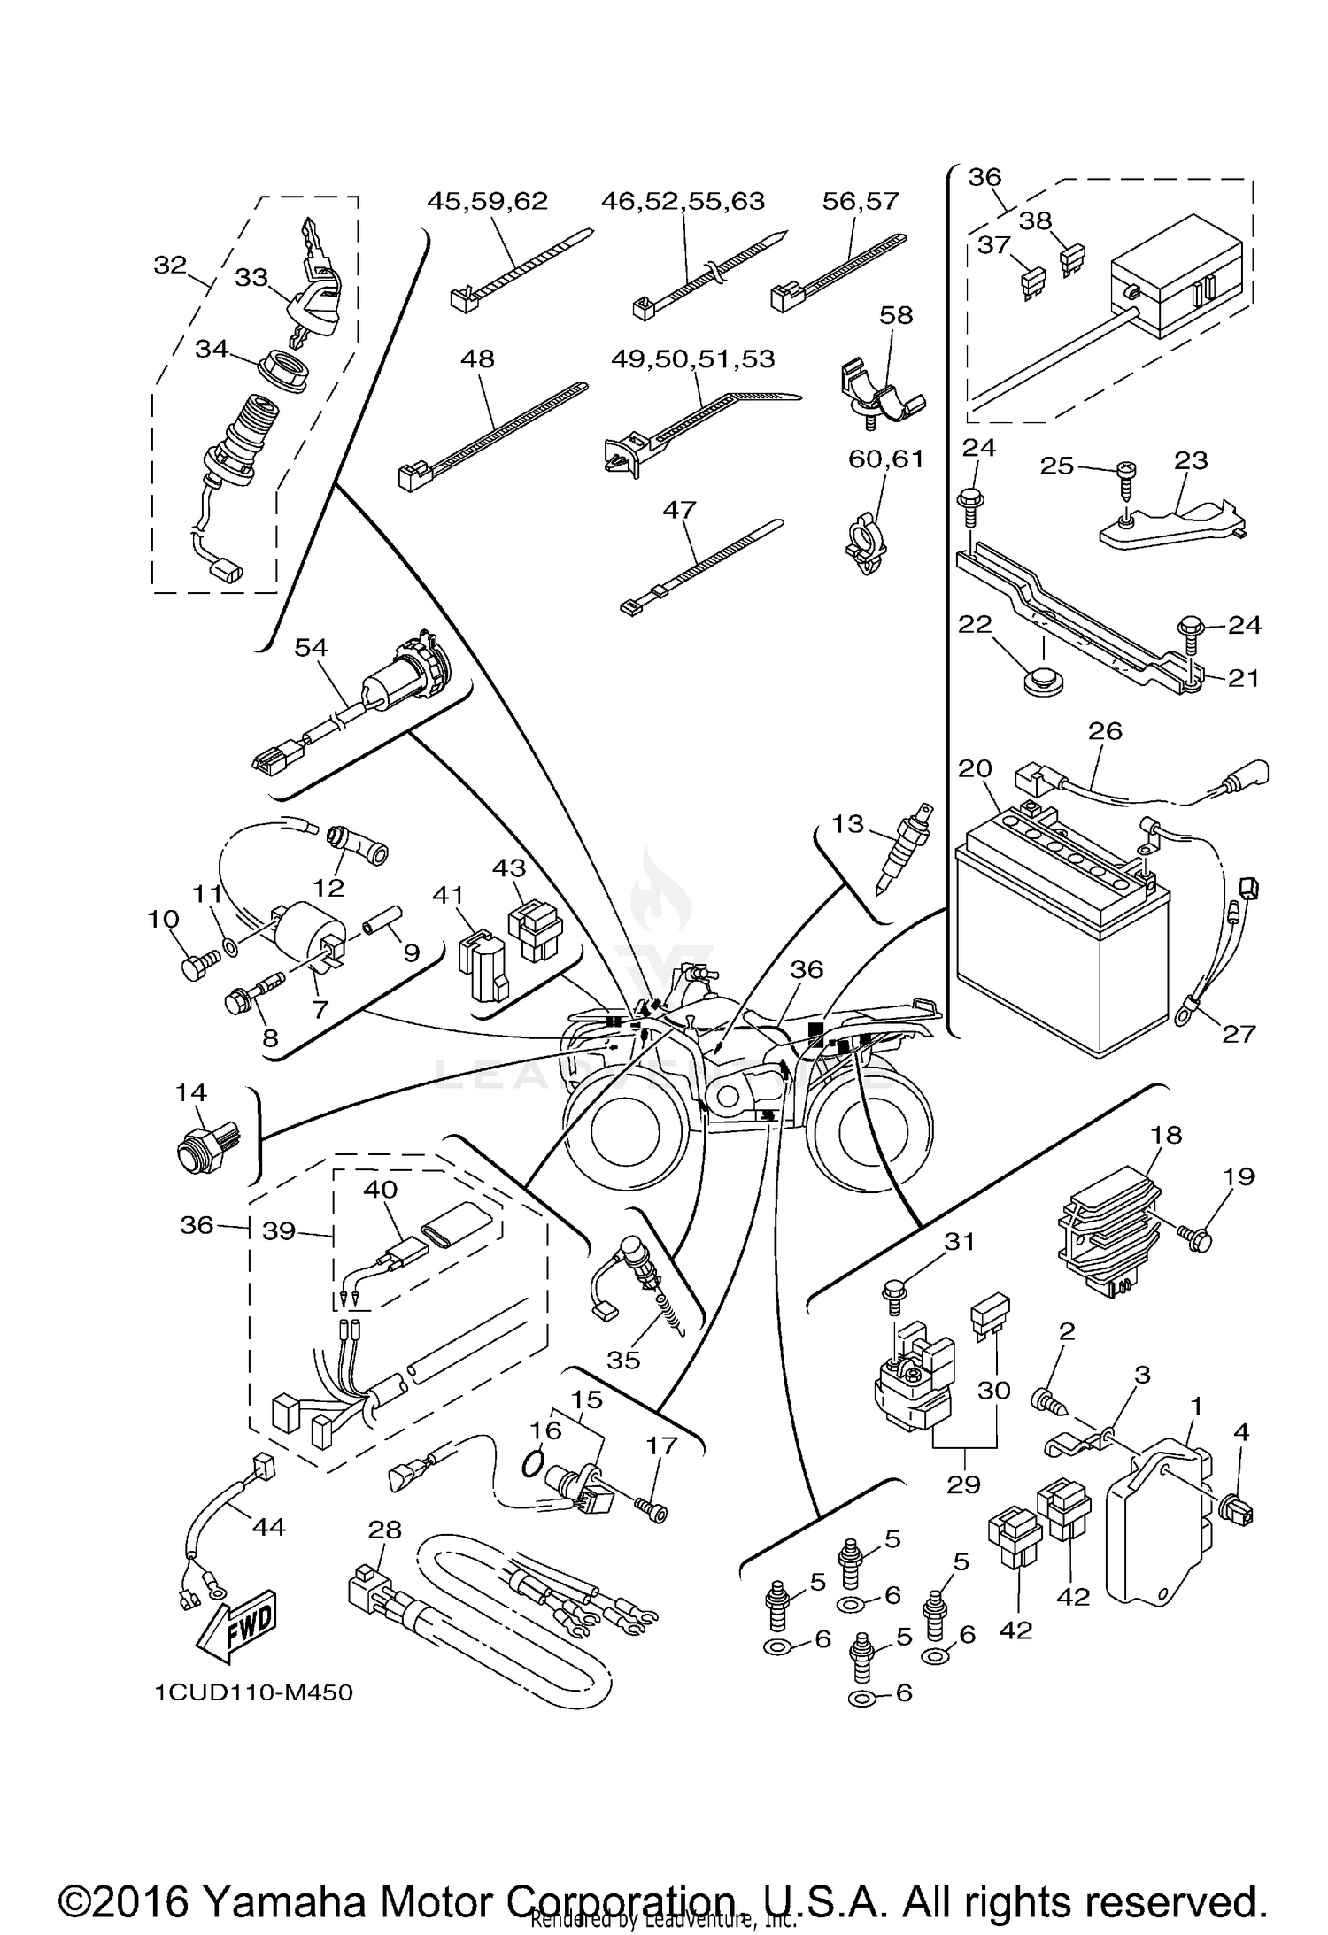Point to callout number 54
pos(311,647)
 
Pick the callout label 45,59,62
pos(487,201)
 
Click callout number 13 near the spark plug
pos(847,823)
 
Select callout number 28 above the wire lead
pos(385,1530)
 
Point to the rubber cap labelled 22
pos(1041,682)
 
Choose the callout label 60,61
pos(885,459)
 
